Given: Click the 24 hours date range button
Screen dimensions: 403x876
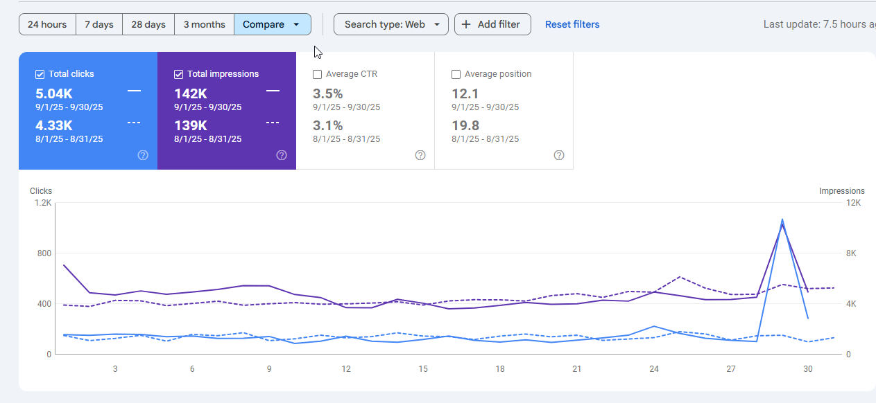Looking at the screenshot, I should click(x=47, y=24).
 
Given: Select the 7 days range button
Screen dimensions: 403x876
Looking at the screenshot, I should click(x=99, y=24).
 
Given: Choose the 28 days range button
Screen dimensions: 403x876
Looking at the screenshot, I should click(x=148, y=24).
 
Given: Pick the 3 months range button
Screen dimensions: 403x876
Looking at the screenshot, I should click(x=204, y=24).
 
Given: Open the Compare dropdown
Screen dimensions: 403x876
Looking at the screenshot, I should click(x=272, y=24).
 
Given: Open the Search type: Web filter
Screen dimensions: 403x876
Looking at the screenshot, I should click(x=391, y=24).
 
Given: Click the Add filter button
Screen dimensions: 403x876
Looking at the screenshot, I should click(x=492, y=24).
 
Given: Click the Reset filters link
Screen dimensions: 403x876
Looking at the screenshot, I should click(x=572, y=24).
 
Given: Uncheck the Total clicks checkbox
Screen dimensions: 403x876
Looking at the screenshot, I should click(x=40, y=74).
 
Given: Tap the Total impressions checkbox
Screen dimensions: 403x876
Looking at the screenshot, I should click(x=178, y=74).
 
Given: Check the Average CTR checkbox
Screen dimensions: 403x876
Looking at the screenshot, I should click(x=317, y=74).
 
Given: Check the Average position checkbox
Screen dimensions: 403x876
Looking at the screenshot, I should click(x=456, y=74).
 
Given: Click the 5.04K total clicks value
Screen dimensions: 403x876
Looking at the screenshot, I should click(x=53, y=93).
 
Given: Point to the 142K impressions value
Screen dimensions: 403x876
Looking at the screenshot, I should click(x=191, y=93).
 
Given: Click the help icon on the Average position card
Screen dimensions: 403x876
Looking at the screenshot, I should click(x=559, y=155).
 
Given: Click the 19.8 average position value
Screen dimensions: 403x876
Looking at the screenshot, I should click(x=465, y=125).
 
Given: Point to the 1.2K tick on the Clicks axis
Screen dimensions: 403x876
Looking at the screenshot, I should click(x=43, y=203).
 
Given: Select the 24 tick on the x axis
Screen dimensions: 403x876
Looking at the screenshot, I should click(x=654, y=369).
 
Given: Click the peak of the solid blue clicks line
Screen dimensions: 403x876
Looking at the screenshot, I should click(x=782, y=220).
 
